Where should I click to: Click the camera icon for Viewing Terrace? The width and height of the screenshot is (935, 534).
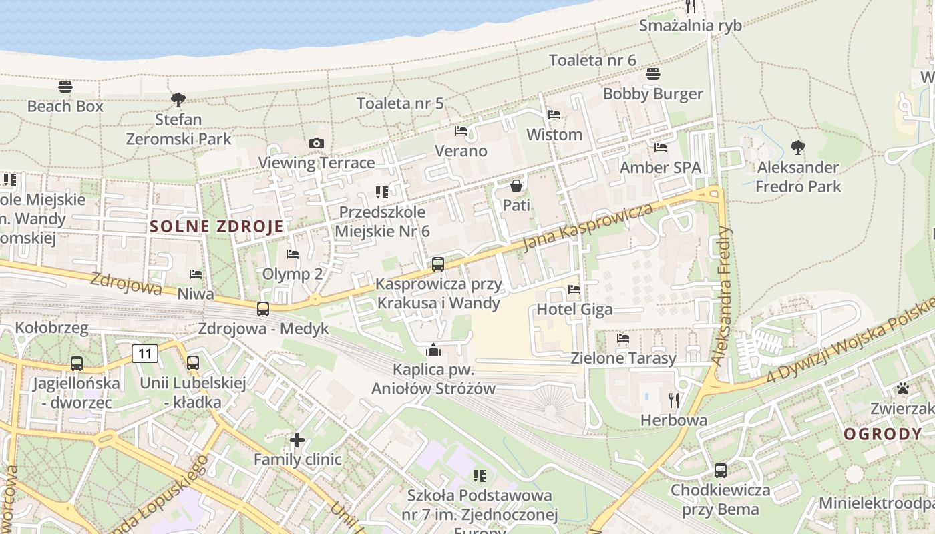click(x=317, y=143)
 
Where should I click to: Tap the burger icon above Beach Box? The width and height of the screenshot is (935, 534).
click(x=65, y=86)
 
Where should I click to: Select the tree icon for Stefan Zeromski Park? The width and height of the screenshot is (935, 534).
click(x=178, y=100)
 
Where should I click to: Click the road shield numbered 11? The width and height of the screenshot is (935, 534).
click(x=145, y=353)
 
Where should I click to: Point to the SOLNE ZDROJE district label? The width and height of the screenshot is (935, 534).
click(x=217, y=226)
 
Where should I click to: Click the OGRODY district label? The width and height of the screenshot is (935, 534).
click(x=882, y=434)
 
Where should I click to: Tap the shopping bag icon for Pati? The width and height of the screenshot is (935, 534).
click(x=516, y=185)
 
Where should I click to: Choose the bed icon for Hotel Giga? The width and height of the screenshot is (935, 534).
click(x=574, y=290)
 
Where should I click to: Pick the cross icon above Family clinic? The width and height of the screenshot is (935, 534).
click(x=297, y=440)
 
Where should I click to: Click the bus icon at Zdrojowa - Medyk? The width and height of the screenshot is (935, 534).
click(x=263, y=309)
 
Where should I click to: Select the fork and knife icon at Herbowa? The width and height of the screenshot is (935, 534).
click(x=674, y=400)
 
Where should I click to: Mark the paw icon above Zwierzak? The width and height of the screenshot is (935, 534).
click(x=903, y=388)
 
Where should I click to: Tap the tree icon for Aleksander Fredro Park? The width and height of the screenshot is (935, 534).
click(x=797, y=147)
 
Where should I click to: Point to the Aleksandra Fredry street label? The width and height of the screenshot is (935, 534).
click(x=722, y=295)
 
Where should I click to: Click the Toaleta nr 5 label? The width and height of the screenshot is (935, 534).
click(x=400, y=103)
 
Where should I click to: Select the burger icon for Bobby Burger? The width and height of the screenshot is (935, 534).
click(x=653, y=74)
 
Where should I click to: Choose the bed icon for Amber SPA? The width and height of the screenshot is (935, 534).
click(x=661, y=147)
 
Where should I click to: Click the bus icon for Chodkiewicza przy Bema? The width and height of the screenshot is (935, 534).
click(x=721, y=470)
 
